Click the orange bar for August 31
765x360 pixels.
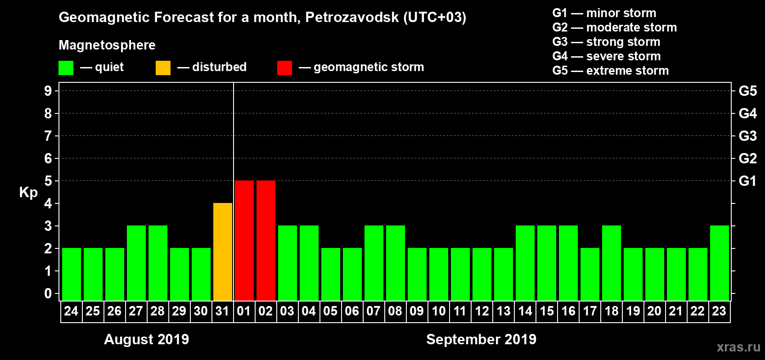tap(223, 252)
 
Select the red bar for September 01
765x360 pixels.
tap(244, 241)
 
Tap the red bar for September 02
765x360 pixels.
tap(266, 241)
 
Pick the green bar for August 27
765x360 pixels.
tap(136, 263)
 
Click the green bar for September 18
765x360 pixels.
tap(612, 263)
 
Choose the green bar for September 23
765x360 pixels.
tap(720, 263)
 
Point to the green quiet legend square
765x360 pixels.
tap(66, 68)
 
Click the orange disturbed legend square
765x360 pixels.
tap(163, 68)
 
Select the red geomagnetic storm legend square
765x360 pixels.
tap(284, 68)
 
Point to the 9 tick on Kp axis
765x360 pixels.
tap(48, 91)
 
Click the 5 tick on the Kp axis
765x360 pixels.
tap(48, 181)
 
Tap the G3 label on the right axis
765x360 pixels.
tap(747, 136)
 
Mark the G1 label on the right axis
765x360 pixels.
tap(747, 181)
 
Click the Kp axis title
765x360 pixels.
tap(28, 193)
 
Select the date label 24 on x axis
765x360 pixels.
tap(71, 311)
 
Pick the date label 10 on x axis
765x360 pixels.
tap(439, 311)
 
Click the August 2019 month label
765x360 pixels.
tap(146, 339)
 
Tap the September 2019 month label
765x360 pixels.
tap(481, 339)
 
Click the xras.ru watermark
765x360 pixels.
tap(738, 347)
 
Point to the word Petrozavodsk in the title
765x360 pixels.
tap(351, 18)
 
